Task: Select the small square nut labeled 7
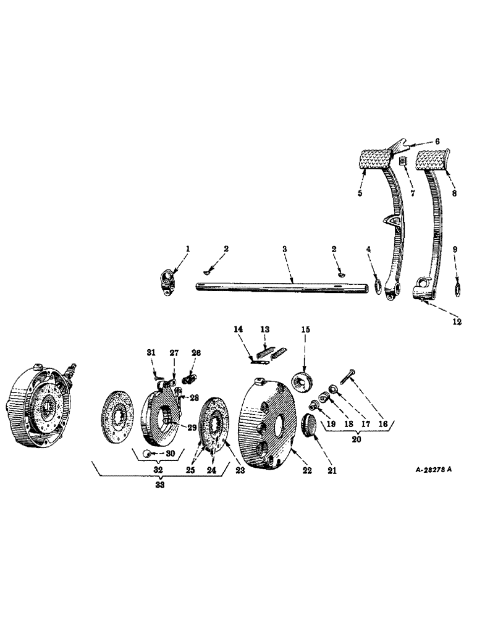(x=403, y=162)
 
